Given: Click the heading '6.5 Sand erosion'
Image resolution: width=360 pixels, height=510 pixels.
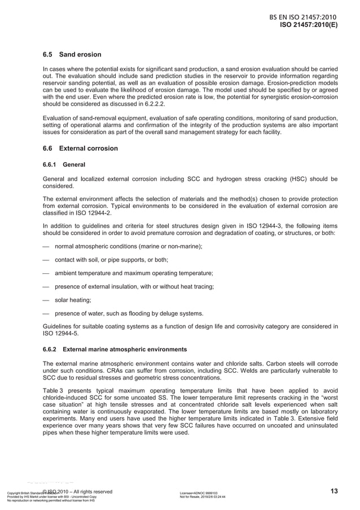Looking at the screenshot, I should point(72,55).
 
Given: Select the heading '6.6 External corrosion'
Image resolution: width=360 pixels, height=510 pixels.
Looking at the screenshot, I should point(81,149).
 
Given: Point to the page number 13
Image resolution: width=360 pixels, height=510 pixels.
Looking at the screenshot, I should point(334,491).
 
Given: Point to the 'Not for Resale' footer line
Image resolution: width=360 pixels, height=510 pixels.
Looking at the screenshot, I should point(202,497).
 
